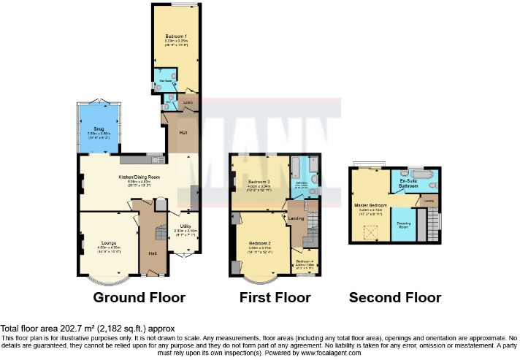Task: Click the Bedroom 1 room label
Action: pyautogui.click(x=175, y=36)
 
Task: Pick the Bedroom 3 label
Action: pyautogui.click(x=259, y=181)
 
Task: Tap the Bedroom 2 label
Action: pyautogui.click(x=259, y=242)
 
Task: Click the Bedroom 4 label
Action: pyautogui.click(x=305, y=261)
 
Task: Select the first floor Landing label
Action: pyautogui.click(x=297, y=218)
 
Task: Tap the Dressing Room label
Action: pyautogui.click(x=403, y=226)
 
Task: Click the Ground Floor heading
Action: pyautogui.click(x=139, y=298)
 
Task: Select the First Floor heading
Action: pyautogui.click(x=275, y=298)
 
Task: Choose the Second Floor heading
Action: pyautogui.click(x=395, y=298)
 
